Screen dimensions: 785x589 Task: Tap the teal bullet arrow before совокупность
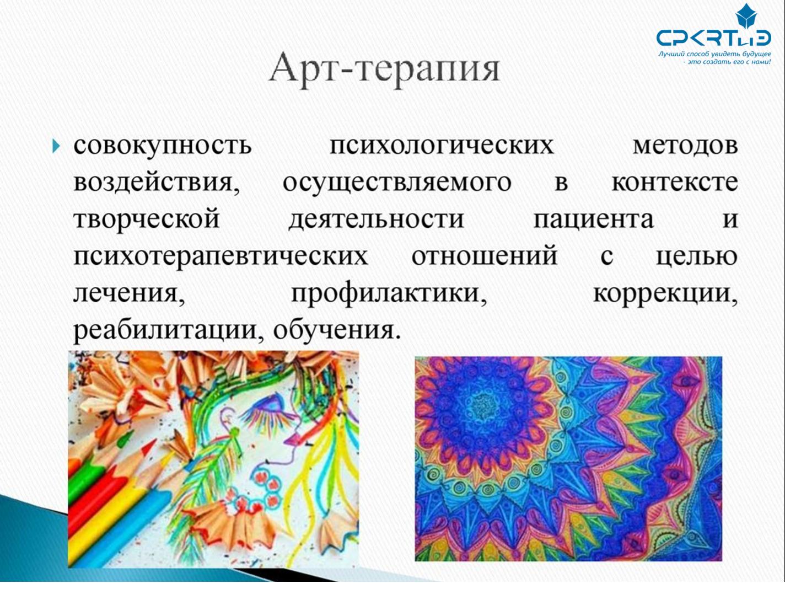point(56,146)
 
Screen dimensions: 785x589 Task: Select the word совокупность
point(163,147)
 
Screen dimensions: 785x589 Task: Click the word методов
point(685,146)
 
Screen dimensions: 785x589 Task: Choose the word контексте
point(675,183)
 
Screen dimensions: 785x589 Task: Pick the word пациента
point(593,219)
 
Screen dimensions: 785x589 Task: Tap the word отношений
point(484,256)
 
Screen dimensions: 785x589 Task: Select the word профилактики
point(389,294)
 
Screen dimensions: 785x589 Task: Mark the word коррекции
point(665,294)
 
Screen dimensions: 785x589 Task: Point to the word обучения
point(336,330)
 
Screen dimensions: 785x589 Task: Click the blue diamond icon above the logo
point(746,17)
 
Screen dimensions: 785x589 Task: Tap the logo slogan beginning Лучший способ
point(715,58)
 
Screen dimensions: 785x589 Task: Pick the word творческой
point(146,219)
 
